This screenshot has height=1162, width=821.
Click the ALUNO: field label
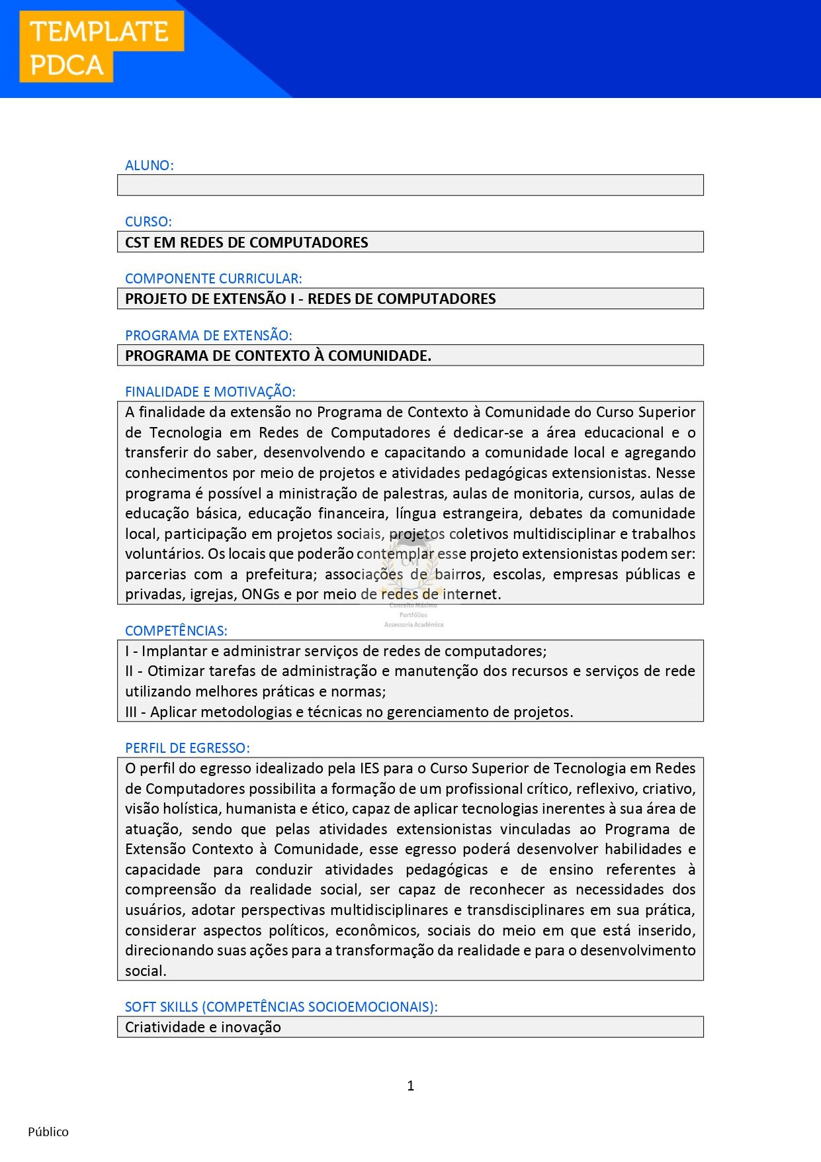(x=150, y=166)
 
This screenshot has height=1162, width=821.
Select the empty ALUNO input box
(x=410, y=185)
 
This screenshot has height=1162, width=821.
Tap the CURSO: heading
(x=148, y=222)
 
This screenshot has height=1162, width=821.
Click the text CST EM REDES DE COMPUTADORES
(x=246, y=242)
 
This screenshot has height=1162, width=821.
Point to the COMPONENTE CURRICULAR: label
(x=213, y=279)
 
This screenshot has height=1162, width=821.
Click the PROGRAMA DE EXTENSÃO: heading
(x=208, y=336)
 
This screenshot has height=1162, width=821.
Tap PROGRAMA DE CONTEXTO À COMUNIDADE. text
(x=278, y=356)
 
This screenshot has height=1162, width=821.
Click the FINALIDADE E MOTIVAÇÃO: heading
(x=210, y=392)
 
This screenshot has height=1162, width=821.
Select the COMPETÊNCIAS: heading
(x=176, y=631)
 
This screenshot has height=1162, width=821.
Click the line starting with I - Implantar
(x=336, y=652)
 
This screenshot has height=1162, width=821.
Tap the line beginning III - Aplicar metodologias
(x=349, y=712)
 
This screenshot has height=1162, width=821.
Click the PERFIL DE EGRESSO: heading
(x=187, y=748)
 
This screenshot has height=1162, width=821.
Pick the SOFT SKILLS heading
(x=281, y=1007)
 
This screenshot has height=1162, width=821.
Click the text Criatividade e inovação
(x=203, y=1028)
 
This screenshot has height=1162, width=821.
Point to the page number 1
(x=411, y=1086)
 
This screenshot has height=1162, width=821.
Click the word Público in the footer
(x=48, y=1132)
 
